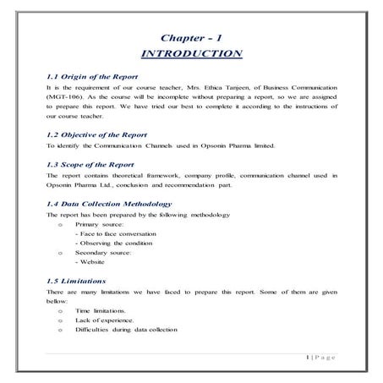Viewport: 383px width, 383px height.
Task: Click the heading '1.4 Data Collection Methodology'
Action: tap(109, 204)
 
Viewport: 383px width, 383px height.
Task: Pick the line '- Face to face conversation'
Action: tap(119, 235)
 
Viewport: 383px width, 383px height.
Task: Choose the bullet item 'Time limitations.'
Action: tap(101, 310)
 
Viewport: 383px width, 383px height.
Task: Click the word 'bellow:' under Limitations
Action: tap(57, 301)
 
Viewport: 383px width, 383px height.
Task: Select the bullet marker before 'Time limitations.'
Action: tap(58, 310)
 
